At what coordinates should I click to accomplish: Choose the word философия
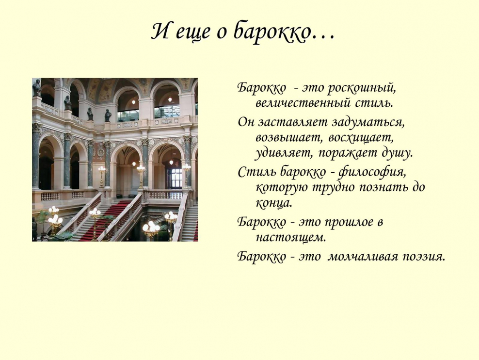[371, 171]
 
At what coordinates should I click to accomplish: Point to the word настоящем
[290, 237]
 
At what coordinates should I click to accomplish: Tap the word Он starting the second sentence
[246, 122]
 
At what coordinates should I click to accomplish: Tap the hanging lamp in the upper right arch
[170, 98]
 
